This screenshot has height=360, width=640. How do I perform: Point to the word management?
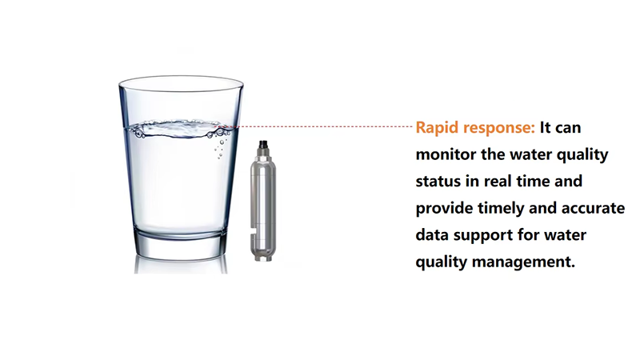(523, 262)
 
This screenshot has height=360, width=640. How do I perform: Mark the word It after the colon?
(546, 128)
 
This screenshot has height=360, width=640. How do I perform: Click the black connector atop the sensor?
(263, 144)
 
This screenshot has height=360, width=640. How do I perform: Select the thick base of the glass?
(181, 244)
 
